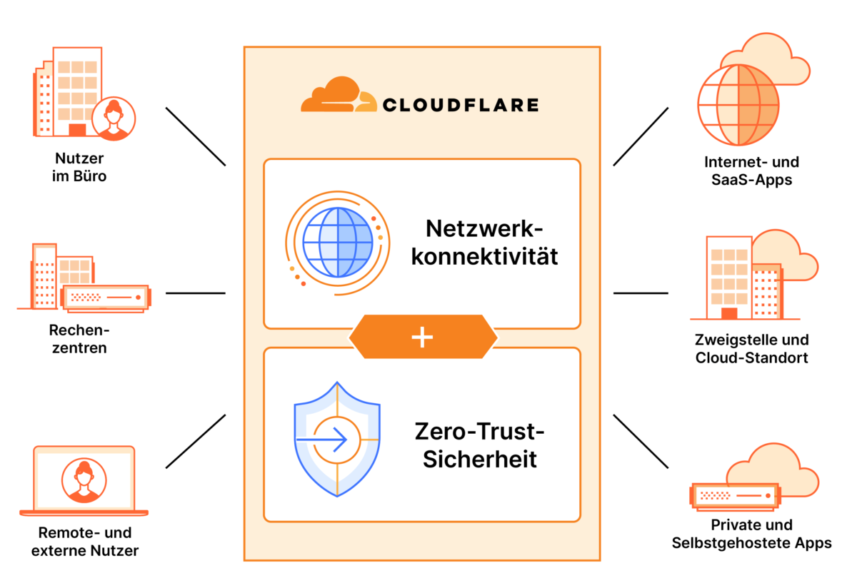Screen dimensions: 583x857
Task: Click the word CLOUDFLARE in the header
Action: (x=461, y=105)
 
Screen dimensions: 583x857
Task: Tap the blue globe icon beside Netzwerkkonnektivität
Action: (x=338, y=242)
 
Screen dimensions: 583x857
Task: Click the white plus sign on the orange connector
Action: (x=423, y=338)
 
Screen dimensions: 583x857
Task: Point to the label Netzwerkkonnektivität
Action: (x=484, y=242)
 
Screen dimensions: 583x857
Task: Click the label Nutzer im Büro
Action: (x=79, y=166)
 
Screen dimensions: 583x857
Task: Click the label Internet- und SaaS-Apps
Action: (x=751, y=170)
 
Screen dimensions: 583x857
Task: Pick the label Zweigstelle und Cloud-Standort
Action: (x=751, y=348)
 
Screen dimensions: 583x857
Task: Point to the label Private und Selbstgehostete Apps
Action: (x=751, y=534)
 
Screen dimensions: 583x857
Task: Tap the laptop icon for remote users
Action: (x=84, y=480)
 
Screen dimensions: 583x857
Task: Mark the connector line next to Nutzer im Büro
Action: (x=195, y=136)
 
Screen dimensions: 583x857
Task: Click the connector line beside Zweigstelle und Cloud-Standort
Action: (x=640, y=293)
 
